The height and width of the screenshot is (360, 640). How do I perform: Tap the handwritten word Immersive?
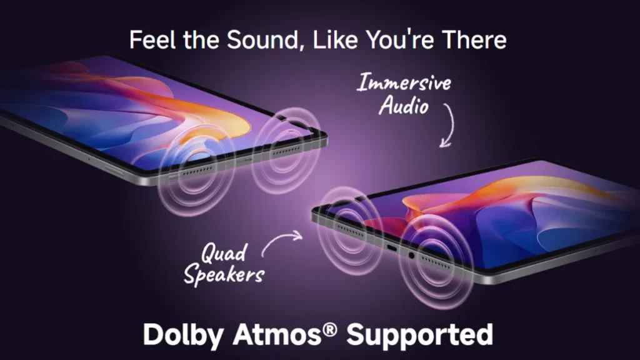[x=404, y=82]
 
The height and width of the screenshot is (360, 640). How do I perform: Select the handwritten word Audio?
[x=404, y=106]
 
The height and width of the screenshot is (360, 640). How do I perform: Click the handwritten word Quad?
[x=224, y=252]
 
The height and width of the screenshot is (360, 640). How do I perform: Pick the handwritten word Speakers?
[x=224, y=274]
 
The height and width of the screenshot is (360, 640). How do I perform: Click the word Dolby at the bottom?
[x=183, y=335]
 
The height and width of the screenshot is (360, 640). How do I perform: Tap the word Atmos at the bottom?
[x=277, y=335]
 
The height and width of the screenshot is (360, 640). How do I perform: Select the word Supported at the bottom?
[x=420, y=336]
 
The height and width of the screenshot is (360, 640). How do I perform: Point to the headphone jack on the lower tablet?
[x=411, y=256]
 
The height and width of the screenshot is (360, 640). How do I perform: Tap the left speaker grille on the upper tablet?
[x=197, y=171]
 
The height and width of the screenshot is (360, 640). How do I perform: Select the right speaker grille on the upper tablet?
[x=286, y=151]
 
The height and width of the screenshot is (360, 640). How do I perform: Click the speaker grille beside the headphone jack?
[x=436, y=264]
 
